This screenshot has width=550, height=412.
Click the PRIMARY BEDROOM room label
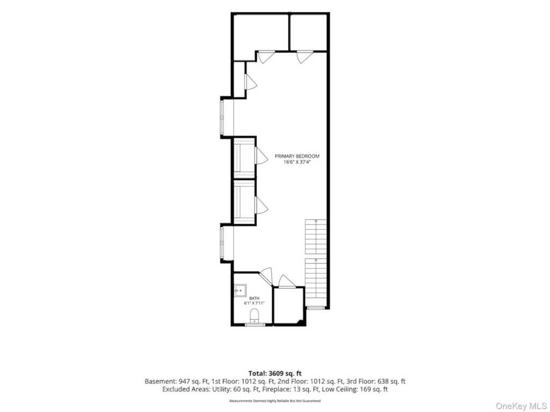pos(296,156)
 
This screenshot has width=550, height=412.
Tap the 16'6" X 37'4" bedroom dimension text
pos(297,162)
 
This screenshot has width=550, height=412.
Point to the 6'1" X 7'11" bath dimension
pos(254,303)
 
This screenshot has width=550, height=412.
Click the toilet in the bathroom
pos(254,315)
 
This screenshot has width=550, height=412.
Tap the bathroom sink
pos(240,291)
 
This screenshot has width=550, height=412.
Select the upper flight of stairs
pos(316,237)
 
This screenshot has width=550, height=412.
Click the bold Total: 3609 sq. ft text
pos(274,373)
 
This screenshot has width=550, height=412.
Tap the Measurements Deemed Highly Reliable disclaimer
pos(274,400)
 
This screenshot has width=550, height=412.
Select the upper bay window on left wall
pos(222,117)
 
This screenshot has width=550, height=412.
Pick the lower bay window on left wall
pos(222,244)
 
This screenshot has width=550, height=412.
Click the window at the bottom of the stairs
pos(316,307)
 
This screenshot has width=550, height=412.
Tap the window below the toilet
pos(255,325)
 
